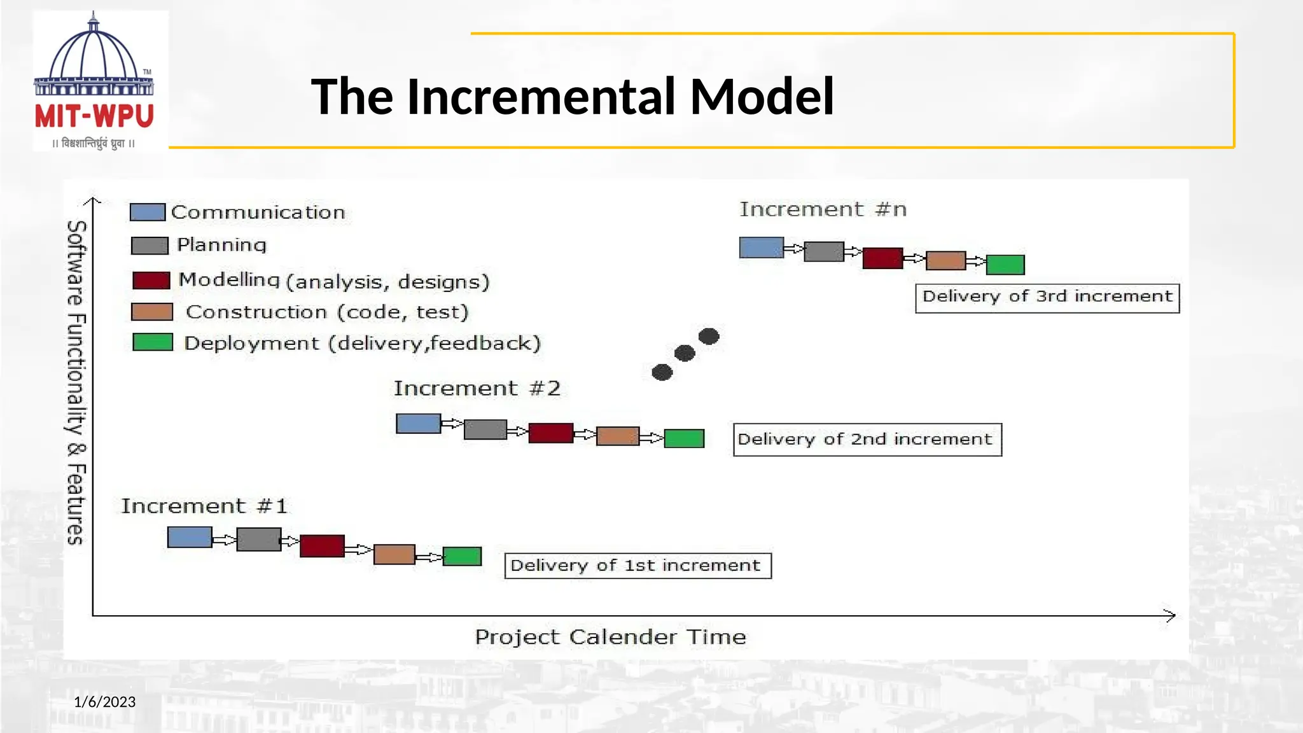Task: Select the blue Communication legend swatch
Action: tap(148, 212)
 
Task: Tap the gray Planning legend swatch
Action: tap(150, 246)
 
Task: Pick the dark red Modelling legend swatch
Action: tap(151, 280)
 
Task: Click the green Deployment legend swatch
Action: tap(153, 342)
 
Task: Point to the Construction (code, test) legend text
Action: tap(327, 312)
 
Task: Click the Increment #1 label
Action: tap(204, 506)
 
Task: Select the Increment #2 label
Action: tap(477, 388)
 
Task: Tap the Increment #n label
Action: tap(823, 209)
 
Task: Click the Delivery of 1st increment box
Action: tap(638, 566)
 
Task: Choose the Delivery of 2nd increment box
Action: tap(867, 440)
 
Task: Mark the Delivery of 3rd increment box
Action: tap(1047, 298)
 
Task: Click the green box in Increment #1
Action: tap(462, 556)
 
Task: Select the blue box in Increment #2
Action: tap(418, 424)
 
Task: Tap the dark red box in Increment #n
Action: tap(882, 258)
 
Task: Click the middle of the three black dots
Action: tap(685, 353)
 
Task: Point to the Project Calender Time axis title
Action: tap(610, 637)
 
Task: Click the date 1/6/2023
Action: tap(105, 702)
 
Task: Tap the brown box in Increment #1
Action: tap(394, 554)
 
